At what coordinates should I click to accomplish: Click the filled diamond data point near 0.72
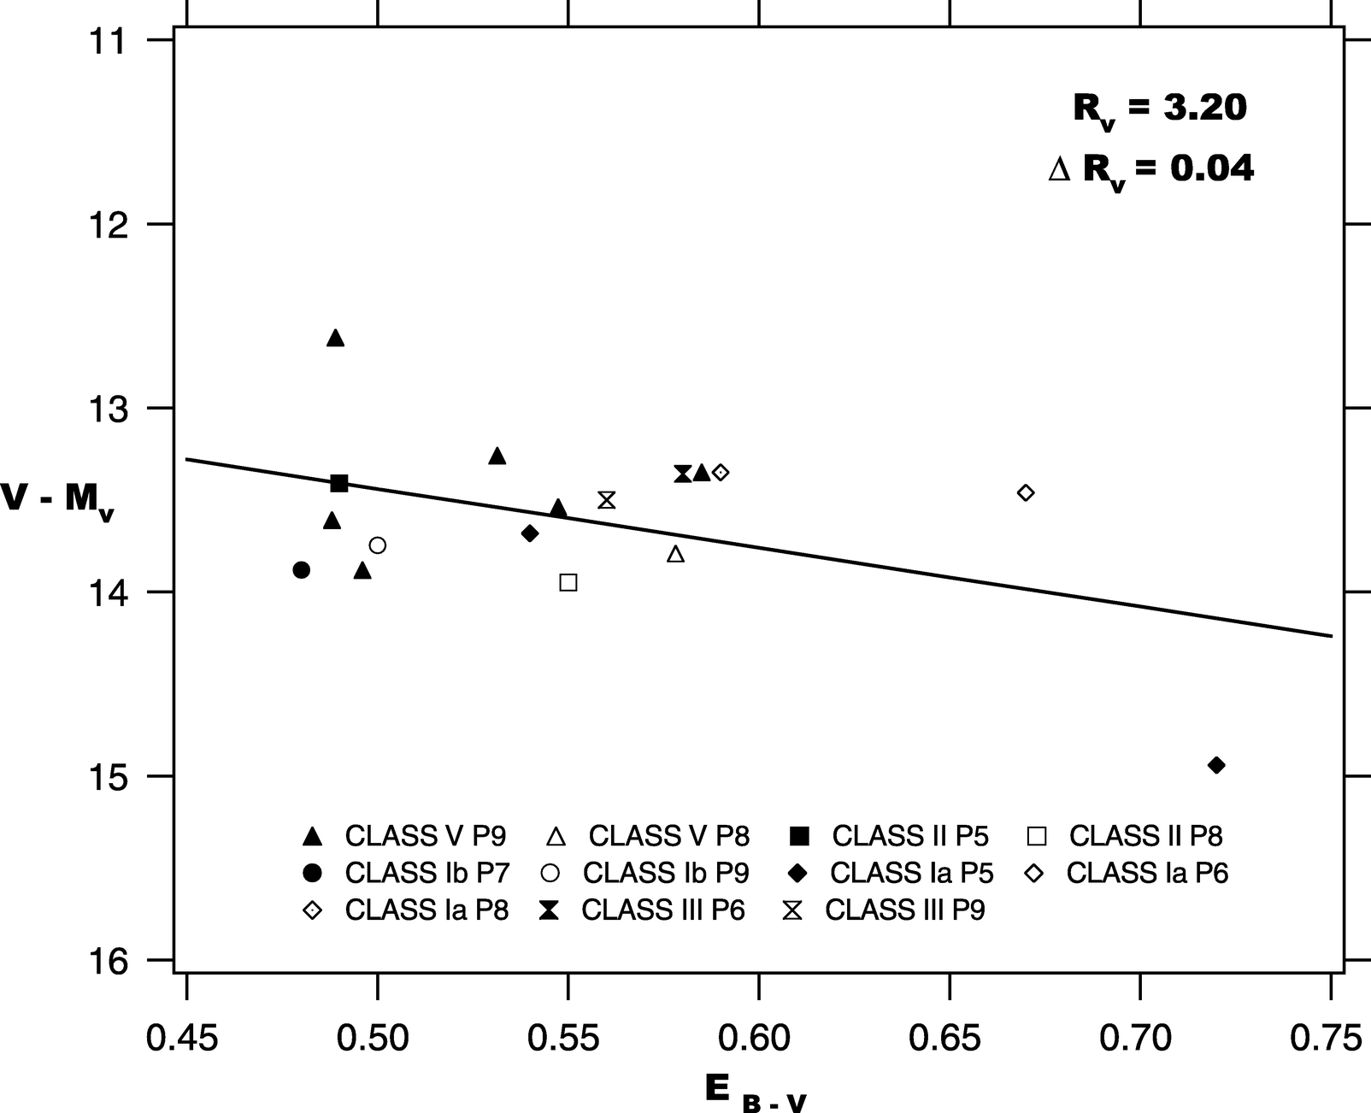tap(1216, 765)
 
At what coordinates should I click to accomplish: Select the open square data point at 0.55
tap(568, 582)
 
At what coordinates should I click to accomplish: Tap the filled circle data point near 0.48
tap(301, 569)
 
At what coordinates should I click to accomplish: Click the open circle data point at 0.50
tap(378, 545)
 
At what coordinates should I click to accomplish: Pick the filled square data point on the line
tap(339, 484)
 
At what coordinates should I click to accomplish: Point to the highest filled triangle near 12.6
tap(335, 339)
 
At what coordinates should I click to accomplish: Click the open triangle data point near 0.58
tap(676, 555)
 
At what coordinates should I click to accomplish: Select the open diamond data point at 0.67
tap(1026, 492)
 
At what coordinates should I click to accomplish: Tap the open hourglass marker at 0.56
tap(607, 500)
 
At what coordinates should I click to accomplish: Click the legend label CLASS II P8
tap(1145, 835)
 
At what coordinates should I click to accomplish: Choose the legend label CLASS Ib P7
tap(427, 873)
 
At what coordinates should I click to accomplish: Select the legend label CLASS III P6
tap(663, 910)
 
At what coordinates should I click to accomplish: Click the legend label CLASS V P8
tap(668, 835)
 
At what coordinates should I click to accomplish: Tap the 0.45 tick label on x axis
tap(182, 1039)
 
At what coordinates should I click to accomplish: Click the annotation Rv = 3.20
tap(1159, 109)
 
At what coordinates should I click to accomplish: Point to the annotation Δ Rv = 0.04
tap(1151, 169)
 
